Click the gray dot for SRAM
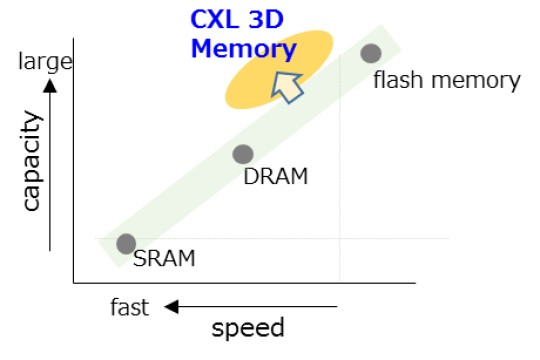point(126,243)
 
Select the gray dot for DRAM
point(243,154)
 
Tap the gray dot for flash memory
point(371,53)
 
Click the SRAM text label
point(164,259)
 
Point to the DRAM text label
point(276,177)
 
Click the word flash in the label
point(397,80)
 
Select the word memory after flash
point(474,80)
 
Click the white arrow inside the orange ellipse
point(289,86)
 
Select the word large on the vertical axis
point(46,63)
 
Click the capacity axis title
point(32,161)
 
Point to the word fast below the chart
point(129,308)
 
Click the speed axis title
point(248,328)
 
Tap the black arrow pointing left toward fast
point(250,307)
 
